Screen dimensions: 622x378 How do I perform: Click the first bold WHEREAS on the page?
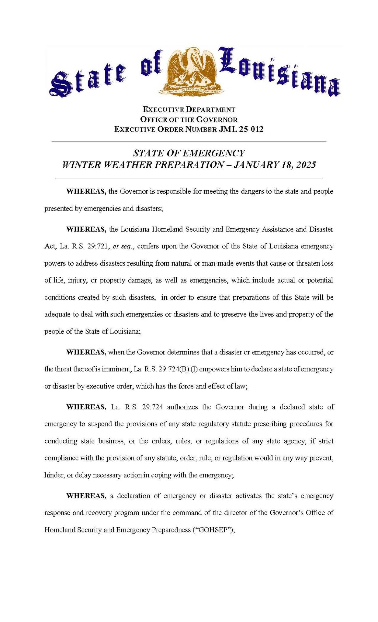[86, 192]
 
